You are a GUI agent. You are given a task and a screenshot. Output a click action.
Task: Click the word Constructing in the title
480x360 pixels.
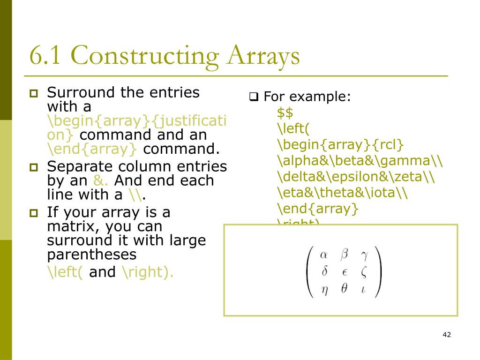point(145,57)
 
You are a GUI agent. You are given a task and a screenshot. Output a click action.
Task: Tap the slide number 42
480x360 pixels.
point(446,335)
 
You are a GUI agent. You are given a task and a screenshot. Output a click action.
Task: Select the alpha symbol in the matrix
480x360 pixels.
point(323,255)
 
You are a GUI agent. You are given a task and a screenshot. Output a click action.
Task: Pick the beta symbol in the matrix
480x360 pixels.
point(344,254)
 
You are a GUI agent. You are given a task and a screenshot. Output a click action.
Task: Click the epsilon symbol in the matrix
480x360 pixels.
point(344,272)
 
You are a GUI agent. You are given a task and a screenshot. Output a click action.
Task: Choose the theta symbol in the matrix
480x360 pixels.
point(344,289)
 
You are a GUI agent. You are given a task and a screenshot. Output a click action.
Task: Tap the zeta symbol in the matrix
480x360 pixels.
point(364,272)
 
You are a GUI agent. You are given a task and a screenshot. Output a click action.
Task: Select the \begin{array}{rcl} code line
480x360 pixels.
point(340,144)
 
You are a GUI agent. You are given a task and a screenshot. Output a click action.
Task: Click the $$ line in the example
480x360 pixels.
point(285,112)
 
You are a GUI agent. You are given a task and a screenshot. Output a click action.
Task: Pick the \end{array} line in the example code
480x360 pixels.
point(318,208)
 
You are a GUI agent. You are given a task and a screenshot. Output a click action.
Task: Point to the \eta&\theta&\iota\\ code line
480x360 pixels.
point(342,192)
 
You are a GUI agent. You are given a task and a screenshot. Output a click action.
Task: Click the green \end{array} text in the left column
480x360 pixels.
point(93,149)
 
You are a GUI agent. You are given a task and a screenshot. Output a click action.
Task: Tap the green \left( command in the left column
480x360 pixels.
point(66,272)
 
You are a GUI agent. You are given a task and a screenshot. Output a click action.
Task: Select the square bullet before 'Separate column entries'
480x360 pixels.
point(33,167)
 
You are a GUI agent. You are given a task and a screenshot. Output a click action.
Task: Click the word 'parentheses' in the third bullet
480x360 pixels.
point(92,255)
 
